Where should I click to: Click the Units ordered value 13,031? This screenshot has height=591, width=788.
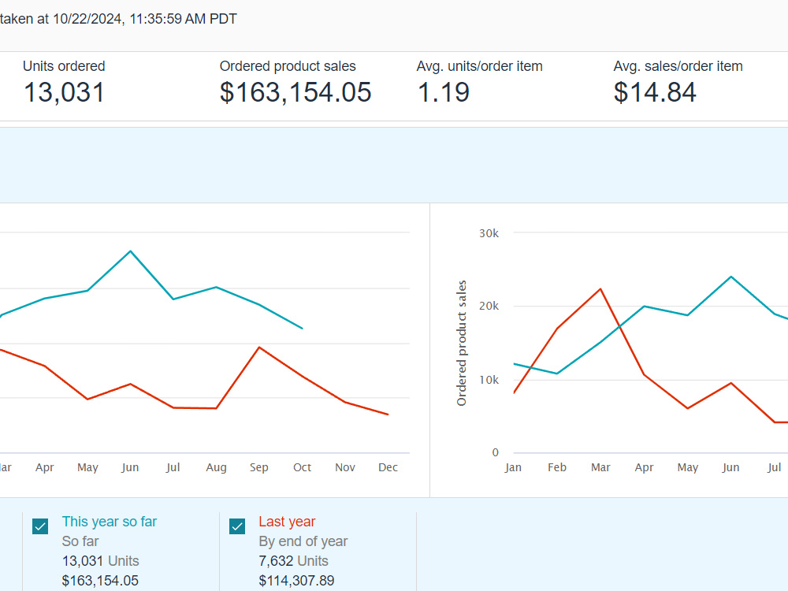click(65, 92)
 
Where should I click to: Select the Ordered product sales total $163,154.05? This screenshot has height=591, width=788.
click(295, 92)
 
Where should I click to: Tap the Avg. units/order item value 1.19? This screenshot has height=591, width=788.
click(443, 92)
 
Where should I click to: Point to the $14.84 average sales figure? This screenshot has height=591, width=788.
click(655, 92)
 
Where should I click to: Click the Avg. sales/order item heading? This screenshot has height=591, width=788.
click(678, 66)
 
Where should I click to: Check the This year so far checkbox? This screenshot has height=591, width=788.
click(40, 526)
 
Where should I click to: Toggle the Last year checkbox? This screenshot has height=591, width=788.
click(237, 526)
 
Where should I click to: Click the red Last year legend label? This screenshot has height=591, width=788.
click(287, 522)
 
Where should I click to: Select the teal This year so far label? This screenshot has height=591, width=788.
click(110, 522)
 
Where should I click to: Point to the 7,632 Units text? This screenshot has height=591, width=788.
click(293, 561)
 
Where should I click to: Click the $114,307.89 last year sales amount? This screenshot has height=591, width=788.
click(296, 581)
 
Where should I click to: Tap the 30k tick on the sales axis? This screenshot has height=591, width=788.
click(489, 233)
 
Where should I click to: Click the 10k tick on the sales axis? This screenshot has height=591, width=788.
click(489, 380)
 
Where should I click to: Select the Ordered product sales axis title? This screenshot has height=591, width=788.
click(461, 344)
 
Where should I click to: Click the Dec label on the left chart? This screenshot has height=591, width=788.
click(388, 467)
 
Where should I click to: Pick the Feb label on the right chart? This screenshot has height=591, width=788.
click(557, 467)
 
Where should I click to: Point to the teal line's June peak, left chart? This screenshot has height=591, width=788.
click(131, 251)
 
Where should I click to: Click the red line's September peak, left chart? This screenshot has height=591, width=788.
click(258, 348)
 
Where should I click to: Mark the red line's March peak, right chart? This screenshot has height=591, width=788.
click(600, 289)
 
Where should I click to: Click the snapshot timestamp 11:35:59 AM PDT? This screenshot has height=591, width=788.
click(183, 19)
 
